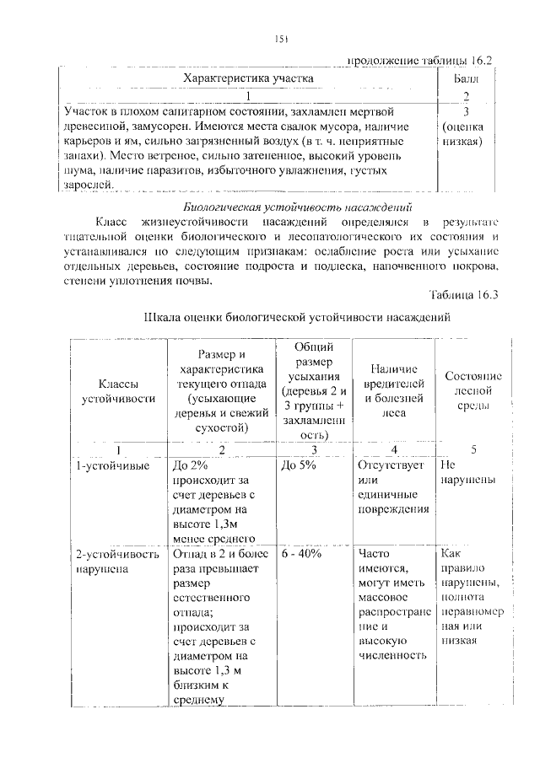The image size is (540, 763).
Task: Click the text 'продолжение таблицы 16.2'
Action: point(418,60)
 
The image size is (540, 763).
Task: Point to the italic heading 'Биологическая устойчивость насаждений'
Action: point(297,207)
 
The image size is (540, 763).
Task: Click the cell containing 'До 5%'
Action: point(299,465)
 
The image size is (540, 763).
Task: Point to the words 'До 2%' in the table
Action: point(188,465)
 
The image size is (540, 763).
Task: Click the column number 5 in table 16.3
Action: point(473,449)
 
